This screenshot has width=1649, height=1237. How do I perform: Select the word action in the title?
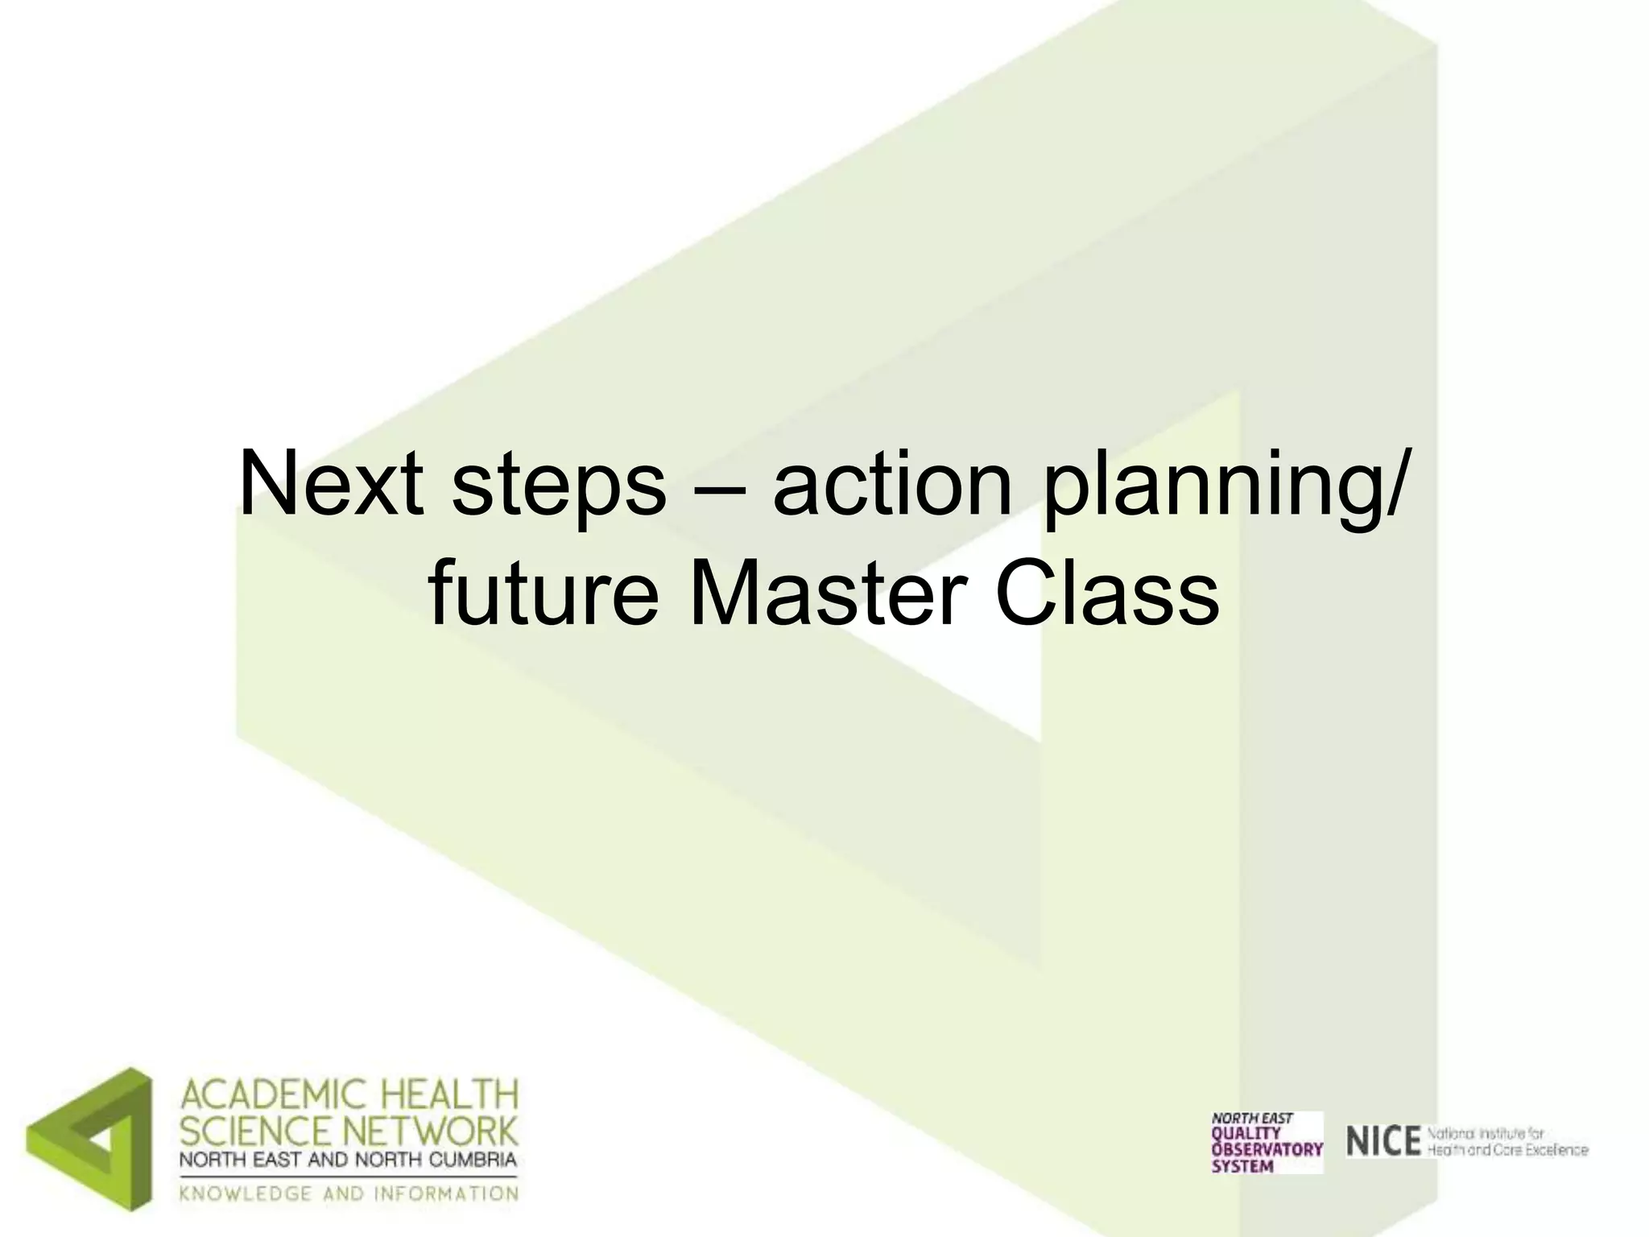(x=891, y=486)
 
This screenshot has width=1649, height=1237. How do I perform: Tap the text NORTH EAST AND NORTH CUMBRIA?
(x=348, y=1160)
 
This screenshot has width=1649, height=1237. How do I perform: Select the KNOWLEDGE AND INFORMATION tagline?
(x=348, y=1193)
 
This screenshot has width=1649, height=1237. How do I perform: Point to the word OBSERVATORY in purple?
(x=1267, y=1149)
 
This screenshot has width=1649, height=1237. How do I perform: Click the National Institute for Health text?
(x=1507, y=1142)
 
